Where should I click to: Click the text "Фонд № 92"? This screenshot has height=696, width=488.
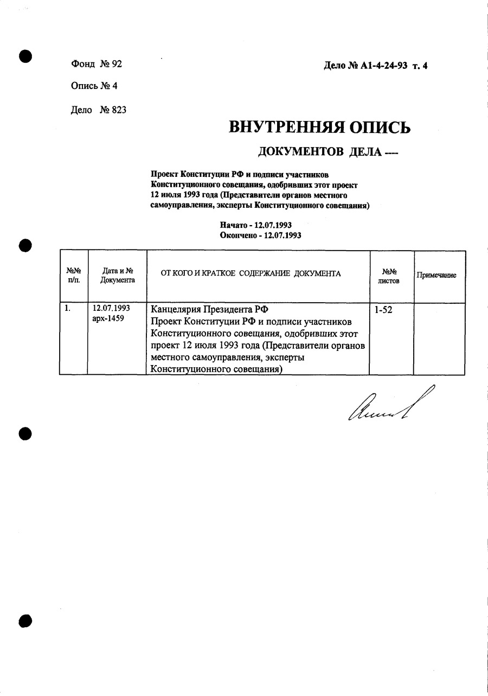coord(97,64)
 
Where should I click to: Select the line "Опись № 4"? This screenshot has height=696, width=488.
coord(94,86)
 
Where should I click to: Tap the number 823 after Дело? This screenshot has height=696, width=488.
coord(119,110)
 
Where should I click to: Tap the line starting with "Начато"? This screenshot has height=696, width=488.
coord(256,225)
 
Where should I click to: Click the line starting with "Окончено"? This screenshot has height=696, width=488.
coord(260,235)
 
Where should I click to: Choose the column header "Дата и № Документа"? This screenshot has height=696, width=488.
coord(117,276)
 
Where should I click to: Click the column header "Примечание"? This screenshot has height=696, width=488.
coord(436,275)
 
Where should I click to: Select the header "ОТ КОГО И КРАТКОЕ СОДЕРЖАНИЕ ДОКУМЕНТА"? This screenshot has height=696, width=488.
coord(251,273)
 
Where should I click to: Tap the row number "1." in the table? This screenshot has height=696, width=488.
coord(68,309)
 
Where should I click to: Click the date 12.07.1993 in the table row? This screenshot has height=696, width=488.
coord(111,309)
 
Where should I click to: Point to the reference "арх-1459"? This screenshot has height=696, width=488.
coord(108,318)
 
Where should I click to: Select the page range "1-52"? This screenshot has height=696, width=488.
coord(384,311)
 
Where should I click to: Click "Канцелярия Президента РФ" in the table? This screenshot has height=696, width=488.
coord(209,310)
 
